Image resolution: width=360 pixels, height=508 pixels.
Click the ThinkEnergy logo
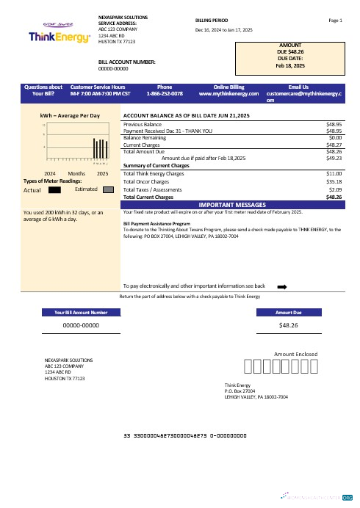(x=49, y=36)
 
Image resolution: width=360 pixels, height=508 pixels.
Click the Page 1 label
(x=336, y=21)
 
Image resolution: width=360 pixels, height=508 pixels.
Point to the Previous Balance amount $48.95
(x=335, y=125)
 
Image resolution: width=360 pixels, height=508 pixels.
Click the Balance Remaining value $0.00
(x=336, y=137)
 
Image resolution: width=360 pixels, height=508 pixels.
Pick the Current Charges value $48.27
(x=335, y=145)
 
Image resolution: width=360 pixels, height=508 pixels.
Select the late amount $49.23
(x=335, y=158)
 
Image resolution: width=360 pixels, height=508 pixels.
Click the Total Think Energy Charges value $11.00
(x=335, y=173)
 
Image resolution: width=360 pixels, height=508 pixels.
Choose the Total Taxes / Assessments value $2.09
(x=336, y=189)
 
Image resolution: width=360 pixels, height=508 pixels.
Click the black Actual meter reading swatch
(x=54, y=189)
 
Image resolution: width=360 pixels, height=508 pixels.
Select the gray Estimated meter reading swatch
(x=107, y=189)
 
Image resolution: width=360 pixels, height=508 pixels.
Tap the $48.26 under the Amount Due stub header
(x=289, y=324)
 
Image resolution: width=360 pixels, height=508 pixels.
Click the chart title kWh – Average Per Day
(x=70, y=116)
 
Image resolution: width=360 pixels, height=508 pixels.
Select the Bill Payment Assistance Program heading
(x=157, y=222)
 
